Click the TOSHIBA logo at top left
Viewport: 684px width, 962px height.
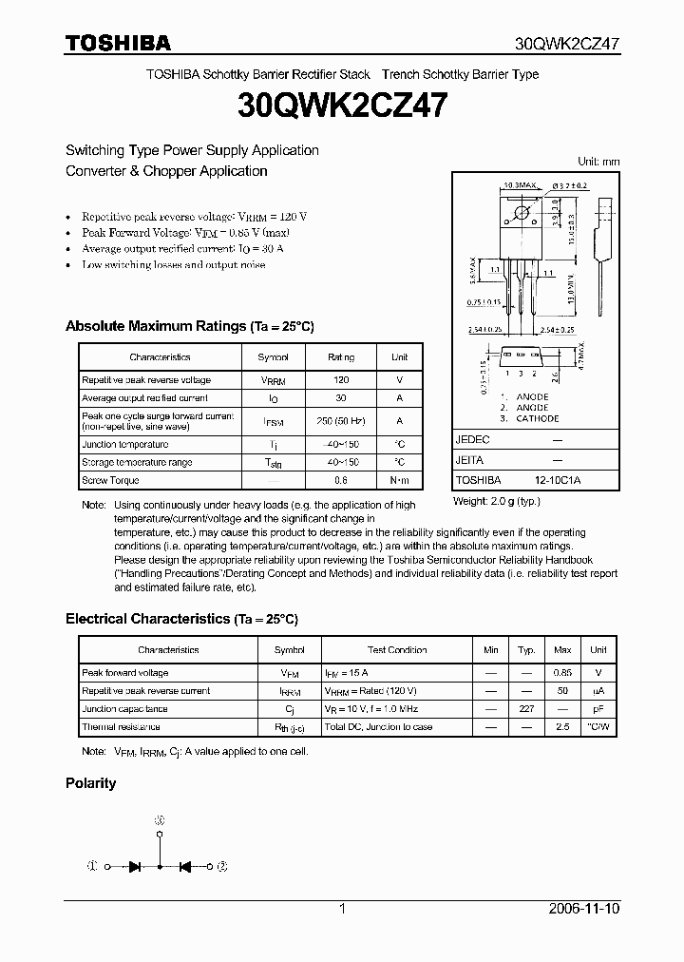[118, 43]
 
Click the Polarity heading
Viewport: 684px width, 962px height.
[90, 783]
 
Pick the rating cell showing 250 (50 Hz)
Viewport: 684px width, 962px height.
[340, 420]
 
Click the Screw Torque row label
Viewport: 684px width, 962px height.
[110, 480]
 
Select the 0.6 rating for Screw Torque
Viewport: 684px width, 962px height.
[340, 480]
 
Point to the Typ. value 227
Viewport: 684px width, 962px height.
[526, 709]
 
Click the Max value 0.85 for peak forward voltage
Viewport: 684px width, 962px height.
[562, 673]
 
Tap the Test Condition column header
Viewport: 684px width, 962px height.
[397, 650]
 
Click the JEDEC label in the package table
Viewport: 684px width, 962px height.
[472, 440]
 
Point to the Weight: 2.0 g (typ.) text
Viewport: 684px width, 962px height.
[497, 500]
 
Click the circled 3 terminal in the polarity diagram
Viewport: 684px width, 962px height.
[160, 819]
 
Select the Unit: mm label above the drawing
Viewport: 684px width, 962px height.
[598, 162]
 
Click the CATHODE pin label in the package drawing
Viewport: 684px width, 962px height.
[537, 418]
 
